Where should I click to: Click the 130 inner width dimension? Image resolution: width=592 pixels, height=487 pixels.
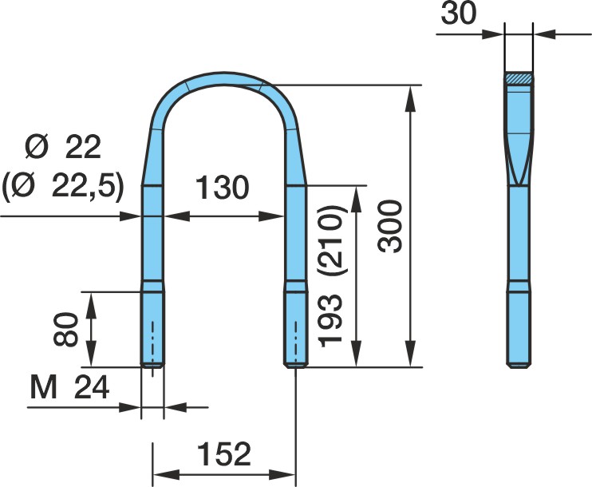point(223,188)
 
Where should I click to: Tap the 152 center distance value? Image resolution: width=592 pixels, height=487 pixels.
point(224,454)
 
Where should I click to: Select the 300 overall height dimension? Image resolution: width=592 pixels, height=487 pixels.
point(390,227)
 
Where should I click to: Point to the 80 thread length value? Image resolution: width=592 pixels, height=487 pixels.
point(65,330)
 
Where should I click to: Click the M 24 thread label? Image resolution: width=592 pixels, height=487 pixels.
point(70,388)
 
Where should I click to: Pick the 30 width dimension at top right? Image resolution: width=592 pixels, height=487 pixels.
point(459,14)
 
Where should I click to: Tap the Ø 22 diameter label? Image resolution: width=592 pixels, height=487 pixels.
point(63,148)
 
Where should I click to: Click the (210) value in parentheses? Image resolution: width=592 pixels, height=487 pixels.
point(331,240)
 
